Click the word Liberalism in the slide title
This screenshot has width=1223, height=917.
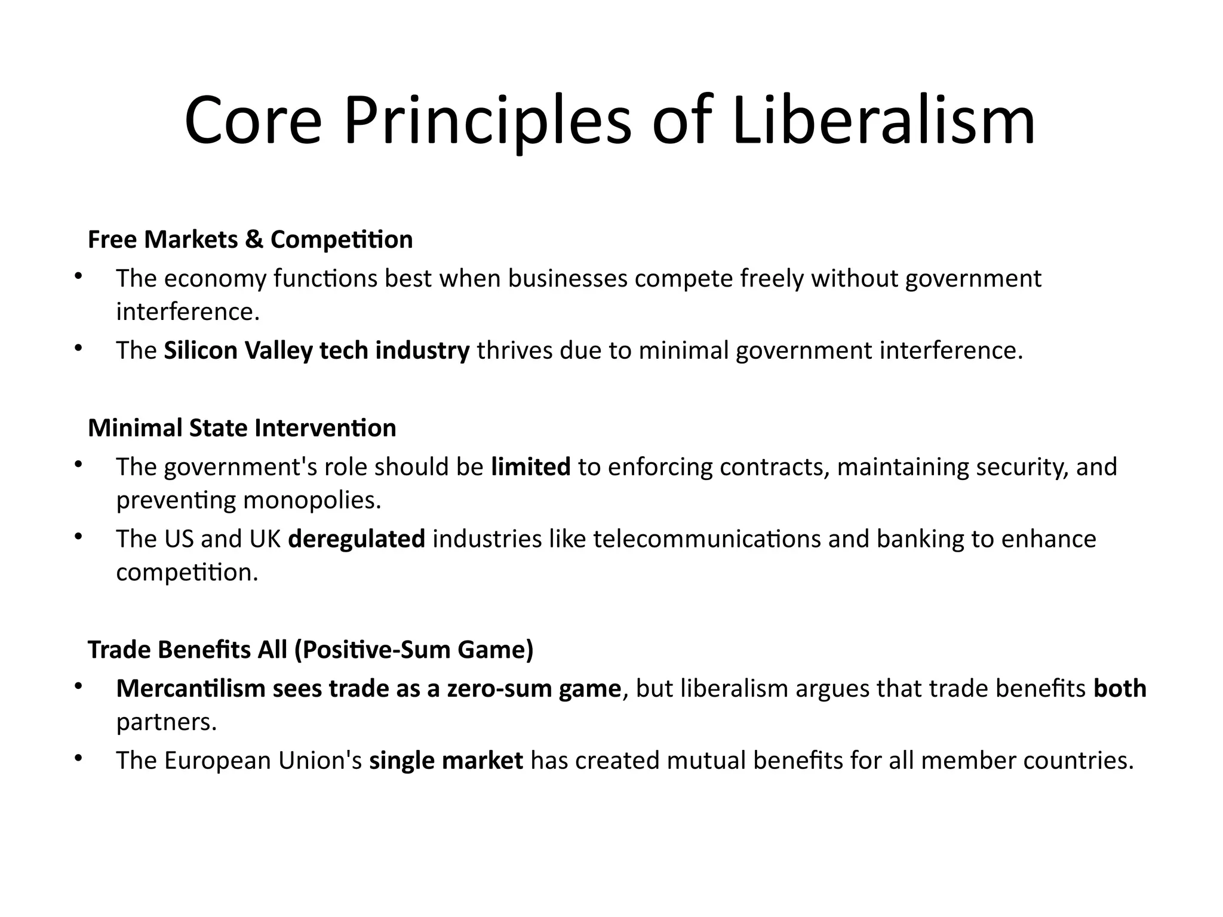pos(883,122)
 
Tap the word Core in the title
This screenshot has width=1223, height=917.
pos(253,122)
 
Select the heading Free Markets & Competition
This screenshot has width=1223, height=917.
pos(250,239)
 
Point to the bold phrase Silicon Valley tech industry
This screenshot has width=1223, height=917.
pos(316,350)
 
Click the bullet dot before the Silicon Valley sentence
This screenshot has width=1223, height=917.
pos(78,349)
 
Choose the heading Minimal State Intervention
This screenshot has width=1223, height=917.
pos(242,428)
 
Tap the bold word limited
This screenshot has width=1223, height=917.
pos(530,467)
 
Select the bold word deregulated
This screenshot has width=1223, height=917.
pos(357,539)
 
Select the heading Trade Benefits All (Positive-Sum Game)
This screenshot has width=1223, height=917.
pos(311,650)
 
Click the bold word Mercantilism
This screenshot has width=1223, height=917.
pos(191,689)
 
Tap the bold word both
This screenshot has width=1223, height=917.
pos(1120,689)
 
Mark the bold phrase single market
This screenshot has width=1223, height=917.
pos(446,761)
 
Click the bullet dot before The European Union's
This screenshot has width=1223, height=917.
pos(78,759)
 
